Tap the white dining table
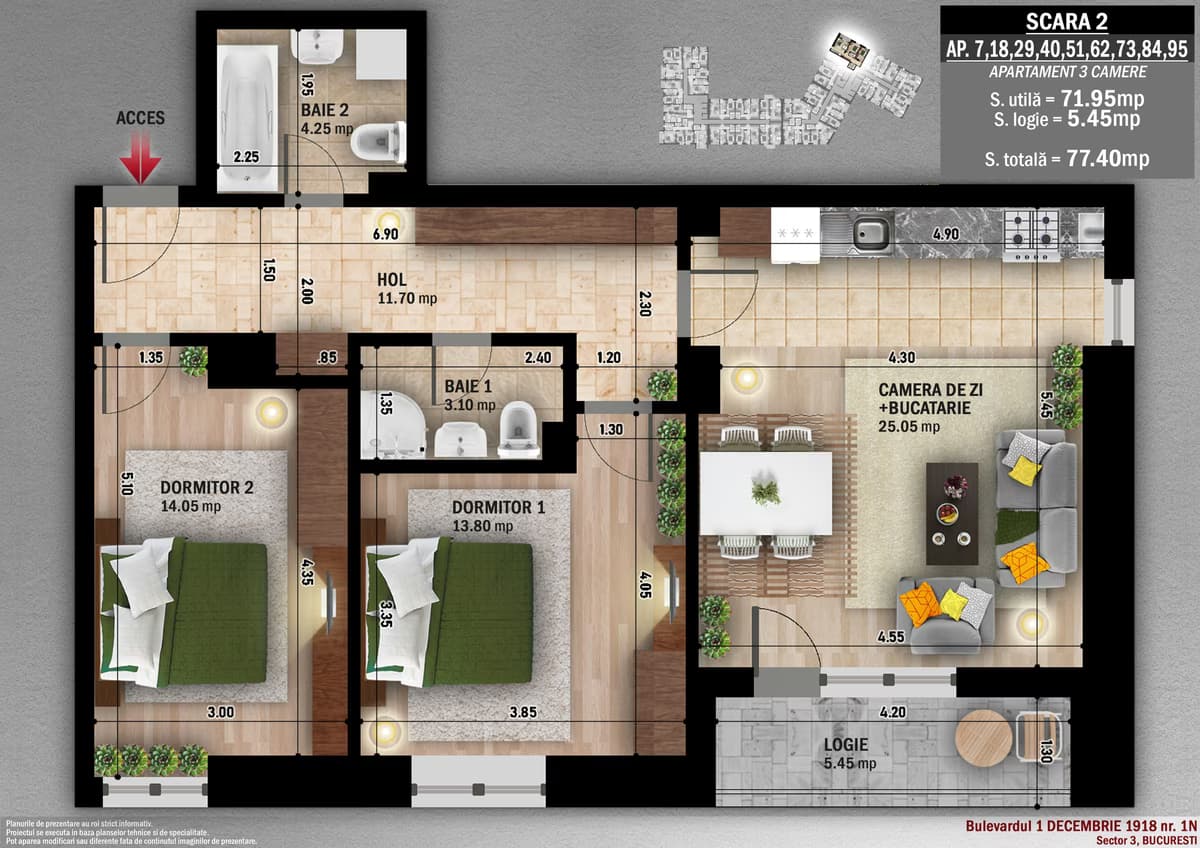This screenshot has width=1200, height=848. tap(765, 492)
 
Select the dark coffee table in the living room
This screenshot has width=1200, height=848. tap(951, 512)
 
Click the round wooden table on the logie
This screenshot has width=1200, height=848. tap(983, 738)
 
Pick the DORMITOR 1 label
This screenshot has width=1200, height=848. tap(497, 507)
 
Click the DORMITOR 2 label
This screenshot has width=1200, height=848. tap(207, 488)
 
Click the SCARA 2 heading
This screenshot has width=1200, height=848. tap(1067, 22)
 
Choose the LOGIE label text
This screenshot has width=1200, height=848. tap(845, 745)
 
